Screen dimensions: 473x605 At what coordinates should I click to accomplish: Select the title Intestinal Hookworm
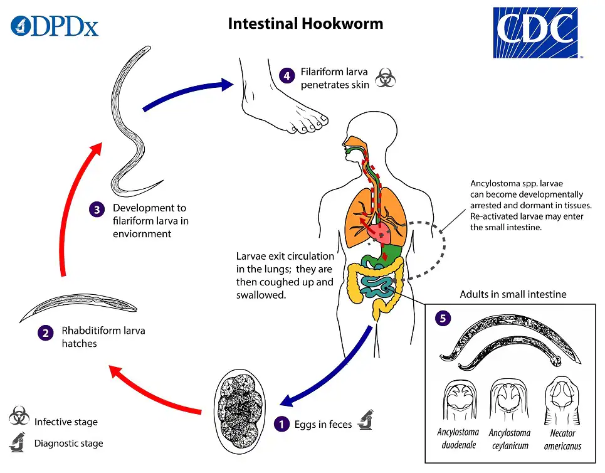point(305,24)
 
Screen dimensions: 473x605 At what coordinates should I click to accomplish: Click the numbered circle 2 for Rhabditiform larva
point(45,332)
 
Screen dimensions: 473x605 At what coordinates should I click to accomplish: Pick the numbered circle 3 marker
point(97,210)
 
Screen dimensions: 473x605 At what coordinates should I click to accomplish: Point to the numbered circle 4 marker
point(287,76)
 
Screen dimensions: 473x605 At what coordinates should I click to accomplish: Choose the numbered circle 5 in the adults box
point(443,318)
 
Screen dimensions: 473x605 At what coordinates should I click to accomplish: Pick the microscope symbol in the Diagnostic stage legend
point(18,442)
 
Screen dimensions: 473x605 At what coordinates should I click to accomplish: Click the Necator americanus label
point(562,439)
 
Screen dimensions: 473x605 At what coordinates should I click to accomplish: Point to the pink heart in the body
point(380,231)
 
